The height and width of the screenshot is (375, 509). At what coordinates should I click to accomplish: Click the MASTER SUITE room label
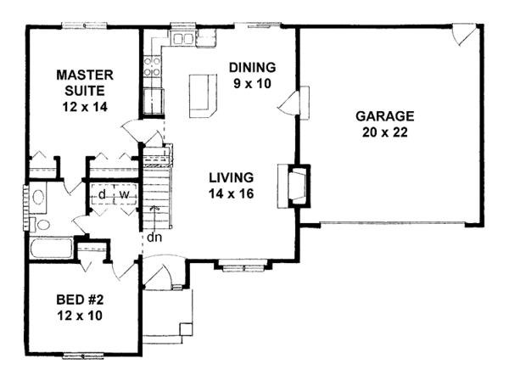click(85, 83)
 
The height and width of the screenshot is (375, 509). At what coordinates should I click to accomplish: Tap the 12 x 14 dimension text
click(85, 107)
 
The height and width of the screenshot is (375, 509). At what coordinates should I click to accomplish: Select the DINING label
click(253, 68)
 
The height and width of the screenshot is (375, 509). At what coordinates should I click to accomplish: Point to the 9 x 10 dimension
click(252, 84)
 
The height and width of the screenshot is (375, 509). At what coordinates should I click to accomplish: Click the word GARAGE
click(385, 116)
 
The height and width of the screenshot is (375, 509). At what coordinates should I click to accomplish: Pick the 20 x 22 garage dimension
click(385, 132)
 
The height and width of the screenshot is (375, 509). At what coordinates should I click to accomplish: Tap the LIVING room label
click(231, 177)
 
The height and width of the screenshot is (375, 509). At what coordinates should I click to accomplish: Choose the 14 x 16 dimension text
click(231, 193)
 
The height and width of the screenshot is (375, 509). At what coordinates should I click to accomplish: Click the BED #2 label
click(80, 299)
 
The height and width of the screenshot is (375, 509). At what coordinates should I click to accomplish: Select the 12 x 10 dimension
click(80, 316)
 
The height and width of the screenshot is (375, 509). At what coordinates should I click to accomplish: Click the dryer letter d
click(103, 194)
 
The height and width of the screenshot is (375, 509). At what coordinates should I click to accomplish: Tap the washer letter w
click(125, 195)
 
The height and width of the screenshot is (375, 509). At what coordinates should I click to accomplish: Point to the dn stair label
click(154, 238)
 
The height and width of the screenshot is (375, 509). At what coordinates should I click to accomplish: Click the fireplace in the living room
click(294, 186)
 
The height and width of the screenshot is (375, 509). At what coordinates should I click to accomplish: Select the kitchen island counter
click(203, 96)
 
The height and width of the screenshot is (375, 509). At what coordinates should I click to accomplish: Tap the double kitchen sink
click(182, 39)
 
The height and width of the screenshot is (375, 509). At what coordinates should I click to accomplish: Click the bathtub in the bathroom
click(51, 249)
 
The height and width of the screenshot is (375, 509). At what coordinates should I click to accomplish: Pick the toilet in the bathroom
click(39, 224)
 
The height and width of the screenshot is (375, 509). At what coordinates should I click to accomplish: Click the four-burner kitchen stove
click(152, 67)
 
